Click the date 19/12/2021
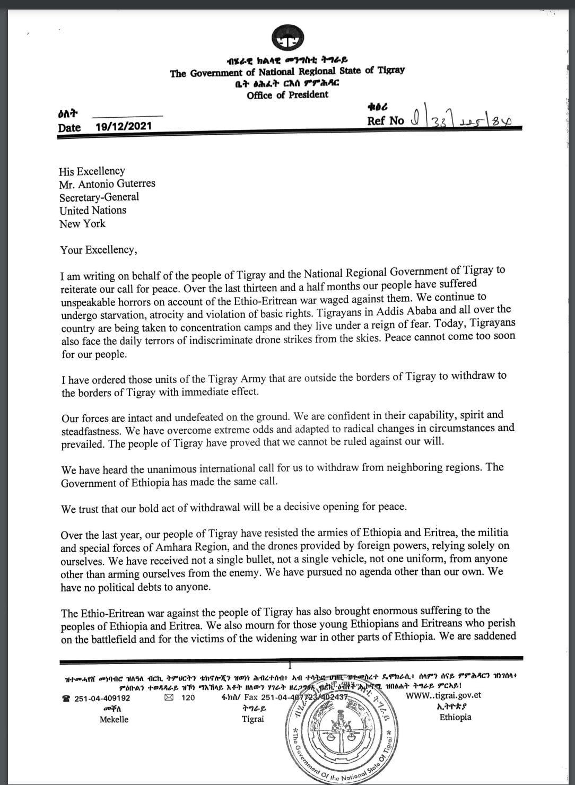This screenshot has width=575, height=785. point(124,126)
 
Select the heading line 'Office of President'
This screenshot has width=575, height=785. point(287,95)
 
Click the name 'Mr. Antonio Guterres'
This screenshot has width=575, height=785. point(107,184)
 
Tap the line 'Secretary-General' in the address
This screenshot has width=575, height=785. point(99,197)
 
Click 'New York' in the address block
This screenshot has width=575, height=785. point(82,223)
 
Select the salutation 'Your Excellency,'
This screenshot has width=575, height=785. point(99,250)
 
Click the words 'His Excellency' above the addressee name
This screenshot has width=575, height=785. point(92,171)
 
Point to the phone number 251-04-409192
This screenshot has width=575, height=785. point(102,698)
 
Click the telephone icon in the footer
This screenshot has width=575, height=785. point(66,699)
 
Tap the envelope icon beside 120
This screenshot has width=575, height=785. point(169,698)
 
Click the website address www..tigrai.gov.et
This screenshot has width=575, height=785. point(444,695)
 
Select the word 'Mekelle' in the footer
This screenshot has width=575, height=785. point(114,720)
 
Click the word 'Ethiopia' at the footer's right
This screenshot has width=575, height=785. point(455,717)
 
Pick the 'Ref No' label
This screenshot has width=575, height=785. point(386,120)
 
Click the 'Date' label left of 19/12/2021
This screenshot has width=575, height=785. point(69,127)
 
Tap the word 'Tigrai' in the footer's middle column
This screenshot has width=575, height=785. point(252,719)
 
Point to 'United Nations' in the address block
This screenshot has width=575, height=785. point(93,210)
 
